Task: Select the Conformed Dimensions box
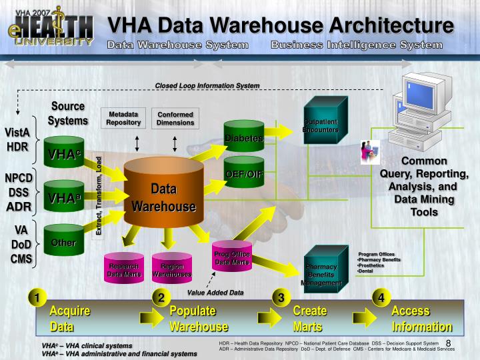coord(175,118)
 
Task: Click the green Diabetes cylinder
coord(244,137)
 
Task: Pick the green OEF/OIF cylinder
coord(244,173)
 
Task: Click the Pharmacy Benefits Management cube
coord(323,272)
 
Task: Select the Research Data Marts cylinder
coord(123,269)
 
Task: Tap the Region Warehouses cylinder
coord(171,269)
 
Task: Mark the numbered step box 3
coord(281,297)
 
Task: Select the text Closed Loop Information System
coord(207,86)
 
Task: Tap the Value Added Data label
coord(215,293)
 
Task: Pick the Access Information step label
coord(422,319)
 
